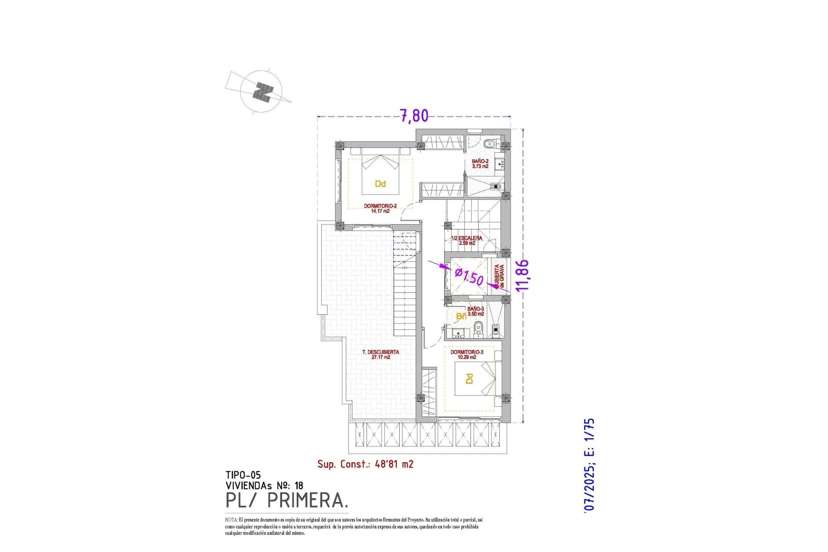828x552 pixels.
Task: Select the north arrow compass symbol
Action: (x=262, y=92)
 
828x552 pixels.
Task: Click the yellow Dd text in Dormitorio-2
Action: (x=380, y=184)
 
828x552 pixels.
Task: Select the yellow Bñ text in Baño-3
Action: (x=461, y=317)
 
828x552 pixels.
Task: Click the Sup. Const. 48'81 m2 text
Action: (x=365, y=464)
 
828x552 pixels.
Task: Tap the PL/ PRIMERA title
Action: (x=287, y=500)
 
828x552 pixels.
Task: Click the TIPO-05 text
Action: (x=243, y=475)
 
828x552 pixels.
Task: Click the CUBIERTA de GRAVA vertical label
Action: (x=499, y=276)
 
